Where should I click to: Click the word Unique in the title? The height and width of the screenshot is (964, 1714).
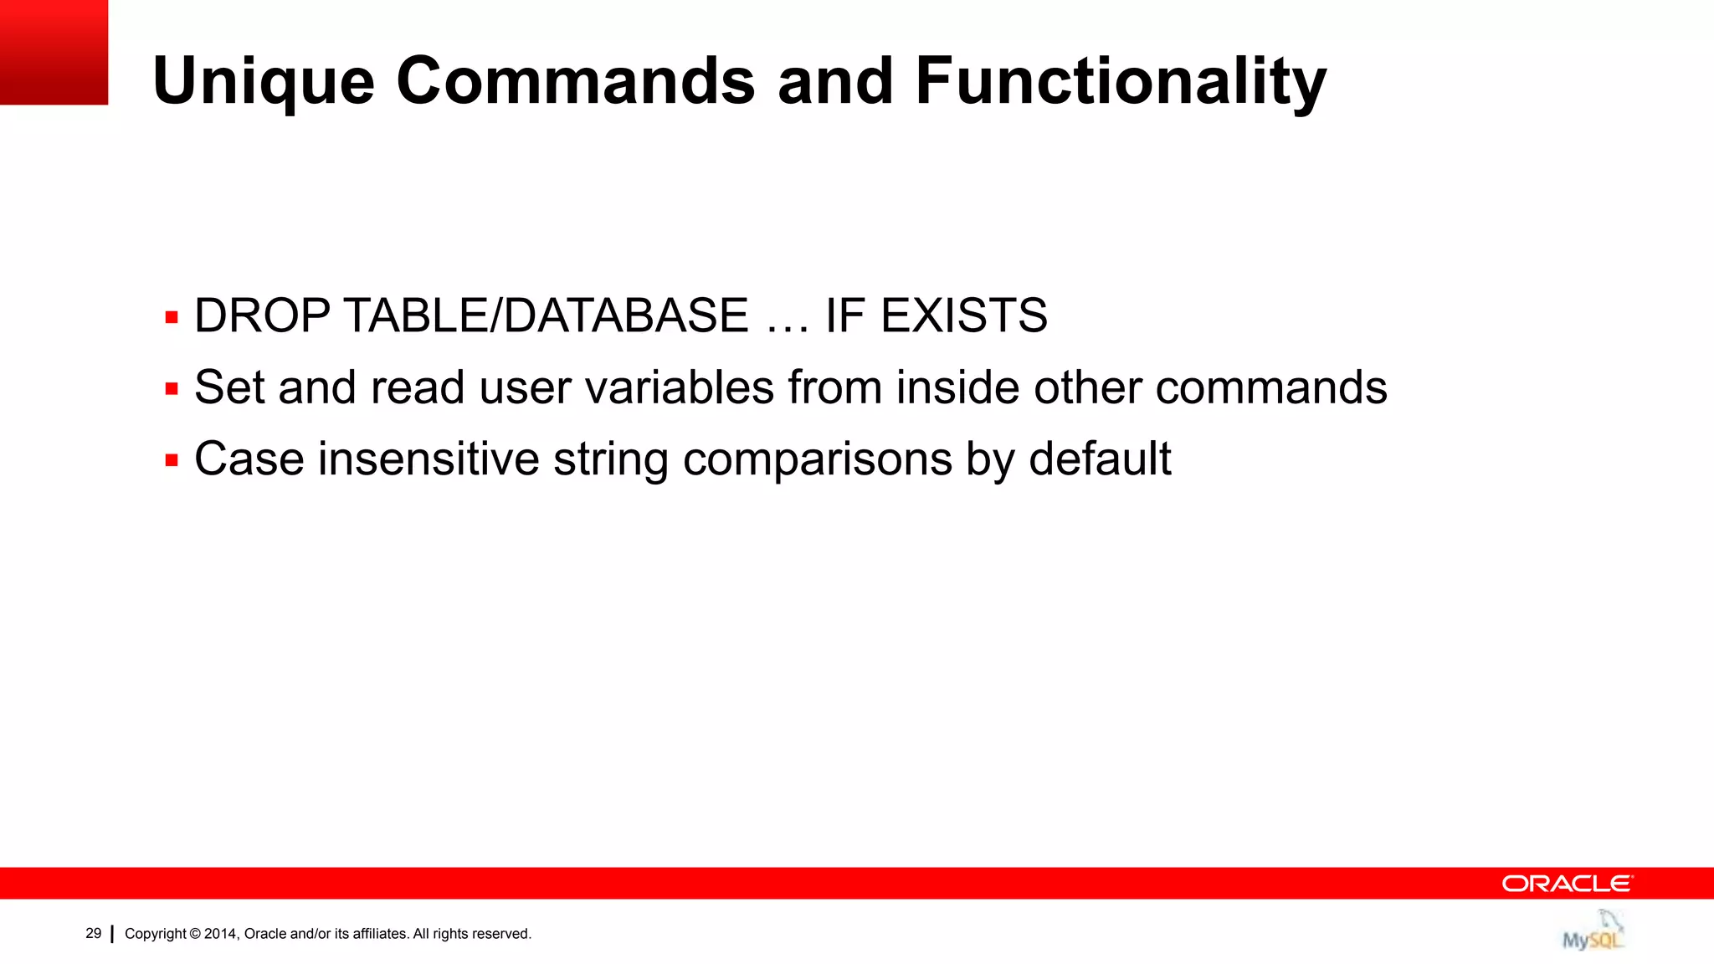[263, 82]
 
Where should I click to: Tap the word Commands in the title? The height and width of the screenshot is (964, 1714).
[575, 82]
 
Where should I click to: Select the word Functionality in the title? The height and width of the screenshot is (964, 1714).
[1120, 82]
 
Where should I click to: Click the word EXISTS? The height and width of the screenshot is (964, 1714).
[963, 316]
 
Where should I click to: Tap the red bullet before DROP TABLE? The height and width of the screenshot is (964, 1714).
[172, 318]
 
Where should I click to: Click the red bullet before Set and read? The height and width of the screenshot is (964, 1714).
[172, 389]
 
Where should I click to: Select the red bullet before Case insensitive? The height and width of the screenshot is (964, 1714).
[172, 460]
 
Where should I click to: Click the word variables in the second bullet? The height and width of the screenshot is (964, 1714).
[680, 387]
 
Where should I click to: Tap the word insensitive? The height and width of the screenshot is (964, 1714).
[428, 459]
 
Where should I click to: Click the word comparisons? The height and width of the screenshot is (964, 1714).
[817, 460]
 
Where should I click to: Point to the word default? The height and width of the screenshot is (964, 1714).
[1099, 459]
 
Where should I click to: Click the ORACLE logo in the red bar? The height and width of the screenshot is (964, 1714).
[1566, 884]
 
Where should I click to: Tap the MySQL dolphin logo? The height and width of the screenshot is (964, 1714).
[1593, 931]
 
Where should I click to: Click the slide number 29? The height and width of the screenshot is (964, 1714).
[93, 933]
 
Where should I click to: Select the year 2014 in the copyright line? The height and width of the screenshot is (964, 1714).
[221, 934]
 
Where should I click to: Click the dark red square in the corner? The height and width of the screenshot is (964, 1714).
[54, 52]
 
